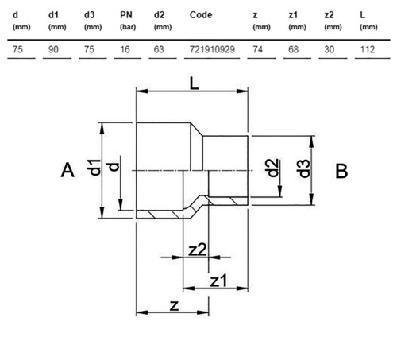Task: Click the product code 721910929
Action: pyautogui.click(x=212, y=49)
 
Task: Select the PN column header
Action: pyautogui.click(x=126, y=15)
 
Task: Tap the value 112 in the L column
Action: pyautogui.click(x=368, y=49)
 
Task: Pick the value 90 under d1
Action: pyautogui.click(x=53, y=49)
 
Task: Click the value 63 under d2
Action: pyautogui.click(x=159, y=49)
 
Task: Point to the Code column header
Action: pyautogui.click(x=201, y=15)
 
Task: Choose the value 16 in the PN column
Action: pyautogui.click(x=125, y=49)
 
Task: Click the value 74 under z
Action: pyautogui.click(x=258, y=49)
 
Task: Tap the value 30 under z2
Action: pyautogui.click(x=330, y=49)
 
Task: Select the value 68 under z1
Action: pyautogui.click(x=293, y=49)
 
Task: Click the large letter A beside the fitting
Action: pyautogui.click(x=67, y=170)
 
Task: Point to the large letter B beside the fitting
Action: pyautogui.click(x=341, y=171)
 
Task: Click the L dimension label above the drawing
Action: pyautogui.click(x=195, y=84)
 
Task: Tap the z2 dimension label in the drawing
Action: pyautogui.click(x=197, y=250)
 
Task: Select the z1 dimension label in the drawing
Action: pyautogui.click(x=218, y=281)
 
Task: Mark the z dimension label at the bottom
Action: pyautogui.click(x=174, y=306)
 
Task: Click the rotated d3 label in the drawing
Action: pyautogui.click(x=303, y=168)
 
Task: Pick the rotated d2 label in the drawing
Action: pyautogui.click(x=272, y=168)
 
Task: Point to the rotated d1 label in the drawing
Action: pyautogui.click(x=94, y=168)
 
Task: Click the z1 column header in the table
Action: pyautogui.click(x=293, y=15)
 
